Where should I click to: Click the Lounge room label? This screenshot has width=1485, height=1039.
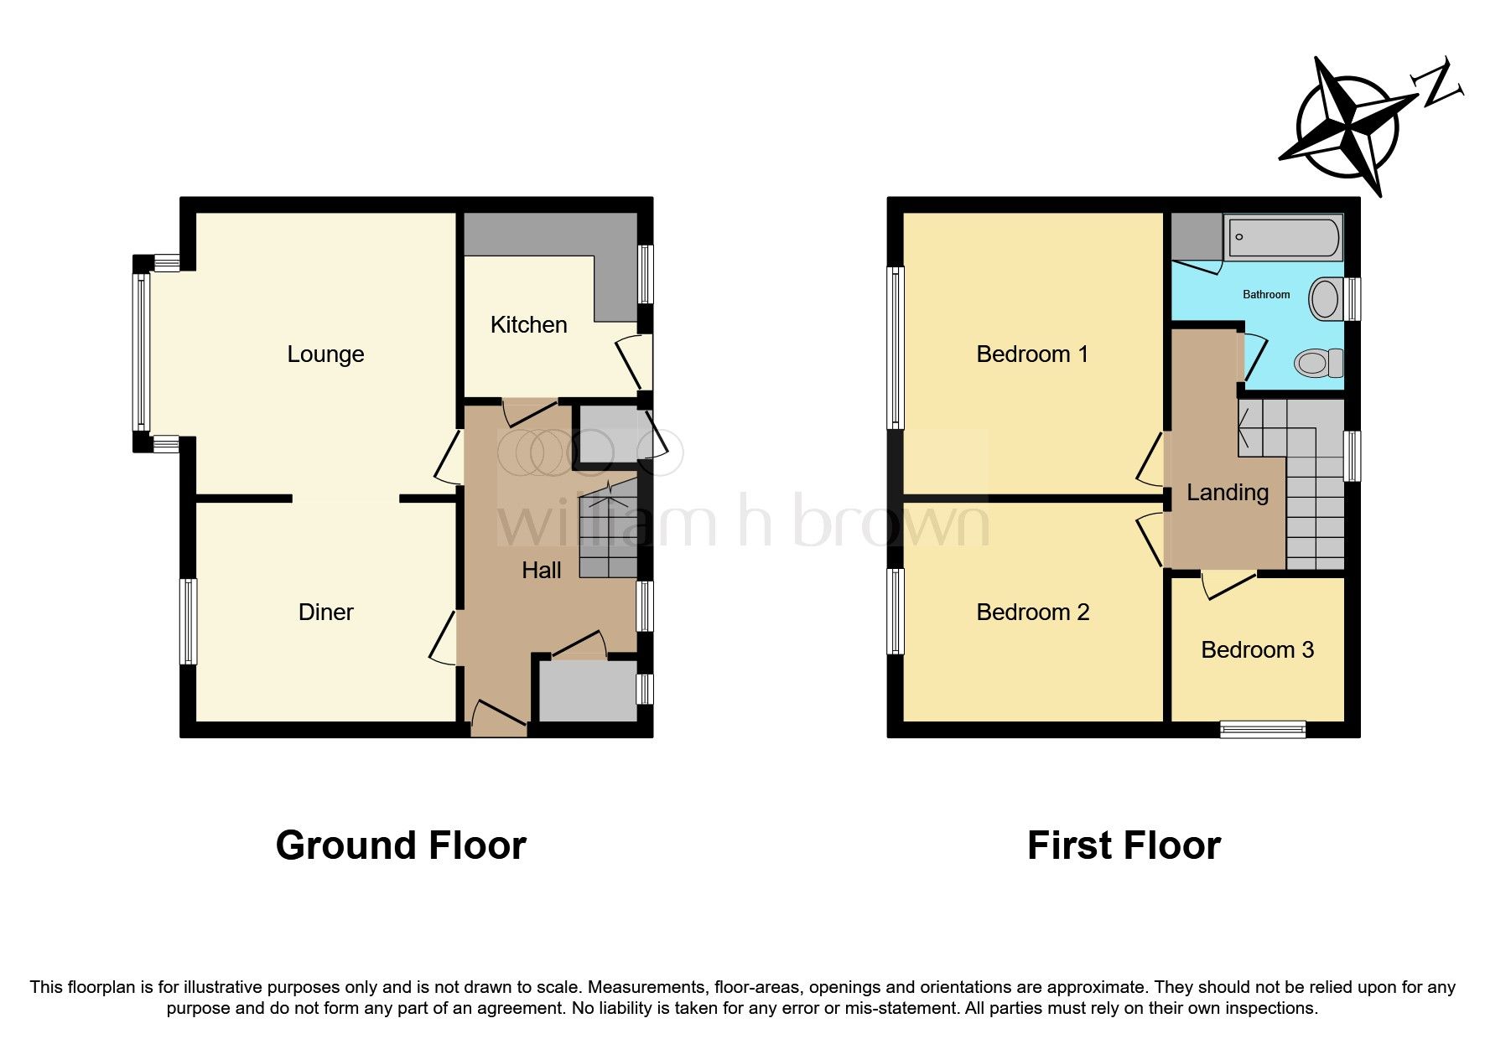325,354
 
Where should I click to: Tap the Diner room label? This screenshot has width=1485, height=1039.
325,613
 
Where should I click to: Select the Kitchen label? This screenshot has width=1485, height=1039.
528,325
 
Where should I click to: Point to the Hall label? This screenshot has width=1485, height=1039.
541,571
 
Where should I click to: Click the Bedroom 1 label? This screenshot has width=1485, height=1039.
1031,354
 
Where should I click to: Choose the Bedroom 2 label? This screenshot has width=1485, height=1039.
1032,613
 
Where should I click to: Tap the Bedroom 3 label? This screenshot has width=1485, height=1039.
1257,650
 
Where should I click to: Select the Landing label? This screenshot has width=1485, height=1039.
1227,493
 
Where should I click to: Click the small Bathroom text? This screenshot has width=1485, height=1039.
1265,295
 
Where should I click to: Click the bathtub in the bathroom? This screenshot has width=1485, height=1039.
1283,237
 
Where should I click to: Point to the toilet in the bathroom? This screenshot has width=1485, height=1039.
1318,364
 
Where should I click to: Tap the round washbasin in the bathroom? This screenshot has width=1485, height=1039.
1325,298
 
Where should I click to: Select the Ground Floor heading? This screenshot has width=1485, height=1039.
401,845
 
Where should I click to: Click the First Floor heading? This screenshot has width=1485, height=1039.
1123,845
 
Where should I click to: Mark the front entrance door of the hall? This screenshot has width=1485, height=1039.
499,719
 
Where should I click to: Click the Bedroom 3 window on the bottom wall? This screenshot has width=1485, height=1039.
1262,729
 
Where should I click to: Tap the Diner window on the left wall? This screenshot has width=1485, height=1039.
189,621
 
